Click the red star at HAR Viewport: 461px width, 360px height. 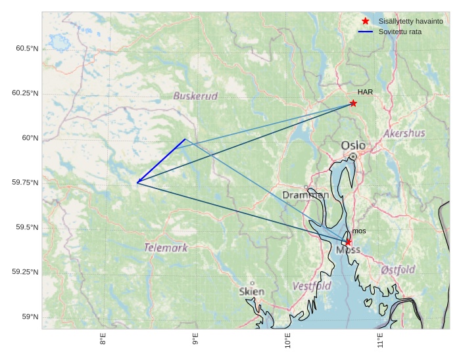(x=353, y=103)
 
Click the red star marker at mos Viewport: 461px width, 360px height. (x=348, y=242)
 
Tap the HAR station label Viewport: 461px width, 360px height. (x=366, y=92)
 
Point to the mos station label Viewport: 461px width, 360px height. (x=358, y=231)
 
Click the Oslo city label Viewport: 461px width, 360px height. (x=353, y=145)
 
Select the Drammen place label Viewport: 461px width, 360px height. (x=306, y=195)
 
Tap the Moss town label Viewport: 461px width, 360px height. (x=347, y=250)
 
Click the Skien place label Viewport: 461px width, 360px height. (x=252, y=292)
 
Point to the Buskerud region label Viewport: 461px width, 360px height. (x=195, y=96)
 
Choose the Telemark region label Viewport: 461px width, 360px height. (x=166, y=248)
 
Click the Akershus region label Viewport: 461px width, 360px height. (x=404, y=133)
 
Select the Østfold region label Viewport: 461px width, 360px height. (x=398, y=269)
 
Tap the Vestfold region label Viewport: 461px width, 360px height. (x=312, y=286)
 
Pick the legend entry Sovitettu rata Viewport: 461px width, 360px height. (x=400, y=32)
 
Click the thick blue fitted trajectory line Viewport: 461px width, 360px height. (x=161, y=161)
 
